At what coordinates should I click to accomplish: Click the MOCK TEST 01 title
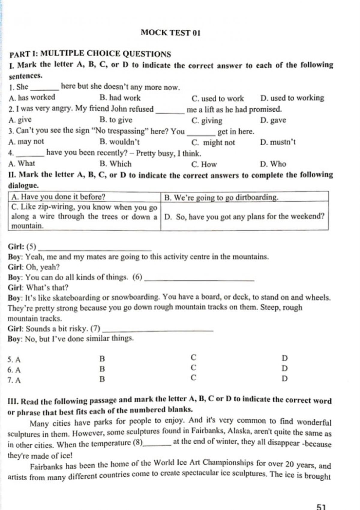coord(170,33)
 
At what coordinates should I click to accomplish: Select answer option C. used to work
coord(217,99)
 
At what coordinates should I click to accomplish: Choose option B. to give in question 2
coord(116,120)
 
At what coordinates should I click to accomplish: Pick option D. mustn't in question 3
coord(278,142)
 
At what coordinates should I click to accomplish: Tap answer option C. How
coord(204,164)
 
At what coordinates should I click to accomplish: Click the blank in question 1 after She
coord(45,88)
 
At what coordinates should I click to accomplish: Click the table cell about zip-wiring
coord(84,216)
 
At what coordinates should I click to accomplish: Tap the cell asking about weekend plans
coord(244,216)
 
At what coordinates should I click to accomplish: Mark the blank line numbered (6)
coord(199,279)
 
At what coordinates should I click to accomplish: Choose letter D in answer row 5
coord(285,358)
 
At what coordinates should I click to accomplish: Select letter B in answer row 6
coord(102,369)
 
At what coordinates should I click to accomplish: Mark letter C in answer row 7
coord(193,378)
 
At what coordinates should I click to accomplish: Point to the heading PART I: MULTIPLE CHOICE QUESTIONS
coord(90,54)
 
